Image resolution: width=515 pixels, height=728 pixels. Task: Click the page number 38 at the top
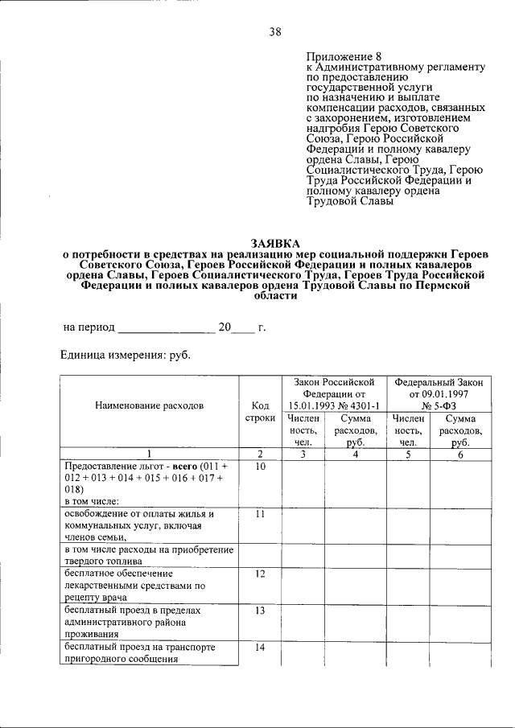point(274,32)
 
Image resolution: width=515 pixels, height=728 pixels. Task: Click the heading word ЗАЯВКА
point(274,242)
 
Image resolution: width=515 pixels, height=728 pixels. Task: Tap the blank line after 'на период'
point(167,328)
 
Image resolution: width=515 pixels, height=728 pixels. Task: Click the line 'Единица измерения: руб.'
point(126,355)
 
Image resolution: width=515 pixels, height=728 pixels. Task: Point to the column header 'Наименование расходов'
point(149,406)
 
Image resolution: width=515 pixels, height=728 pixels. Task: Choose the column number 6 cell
point(460,454)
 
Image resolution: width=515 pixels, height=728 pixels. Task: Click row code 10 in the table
point(259,467)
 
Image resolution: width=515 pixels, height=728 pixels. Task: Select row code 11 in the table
point(259,514)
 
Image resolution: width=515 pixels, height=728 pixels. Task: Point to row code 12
point(259,574)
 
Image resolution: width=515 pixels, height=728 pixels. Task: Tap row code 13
point(259,611)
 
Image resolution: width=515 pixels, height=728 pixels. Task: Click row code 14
point(259,648)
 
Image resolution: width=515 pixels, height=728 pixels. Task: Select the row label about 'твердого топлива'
point(149,555)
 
